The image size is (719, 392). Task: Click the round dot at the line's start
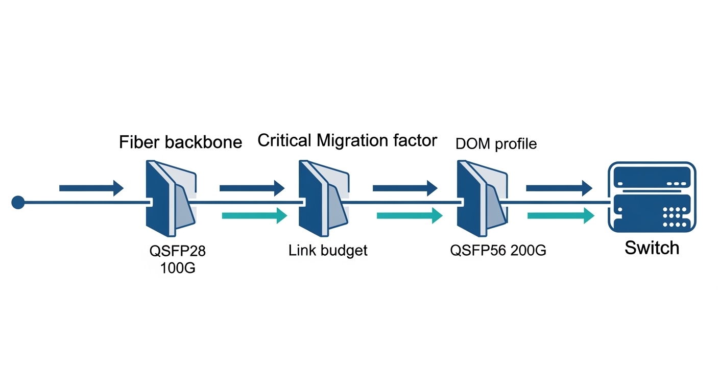point(18,203)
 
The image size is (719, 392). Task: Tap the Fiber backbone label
point(180,142)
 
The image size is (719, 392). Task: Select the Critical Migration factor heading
point(347,140)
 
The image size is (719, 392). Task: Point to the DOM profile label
point(496,144)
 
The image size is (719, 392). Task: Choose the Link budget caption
point(328,251)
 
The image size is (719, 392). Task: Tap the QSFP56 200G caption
point(498,251)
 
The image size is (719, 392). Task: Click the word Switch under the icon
point(652,248)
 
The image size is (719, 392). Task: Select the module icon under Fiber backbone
point(170,199)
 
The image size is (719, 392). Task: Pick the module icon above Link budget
point(323,199)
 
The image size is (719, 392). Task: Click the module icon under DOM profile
point(482,199)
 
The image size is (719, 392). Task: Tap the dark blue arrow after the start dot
point(91,188)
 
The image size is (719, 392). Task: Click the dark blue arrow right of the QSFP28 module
point(252,188)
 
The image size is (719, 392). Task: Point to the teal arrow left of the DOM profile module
point(409,215)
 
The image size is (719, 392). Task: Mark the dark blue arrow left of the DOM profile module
point(405,188)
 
